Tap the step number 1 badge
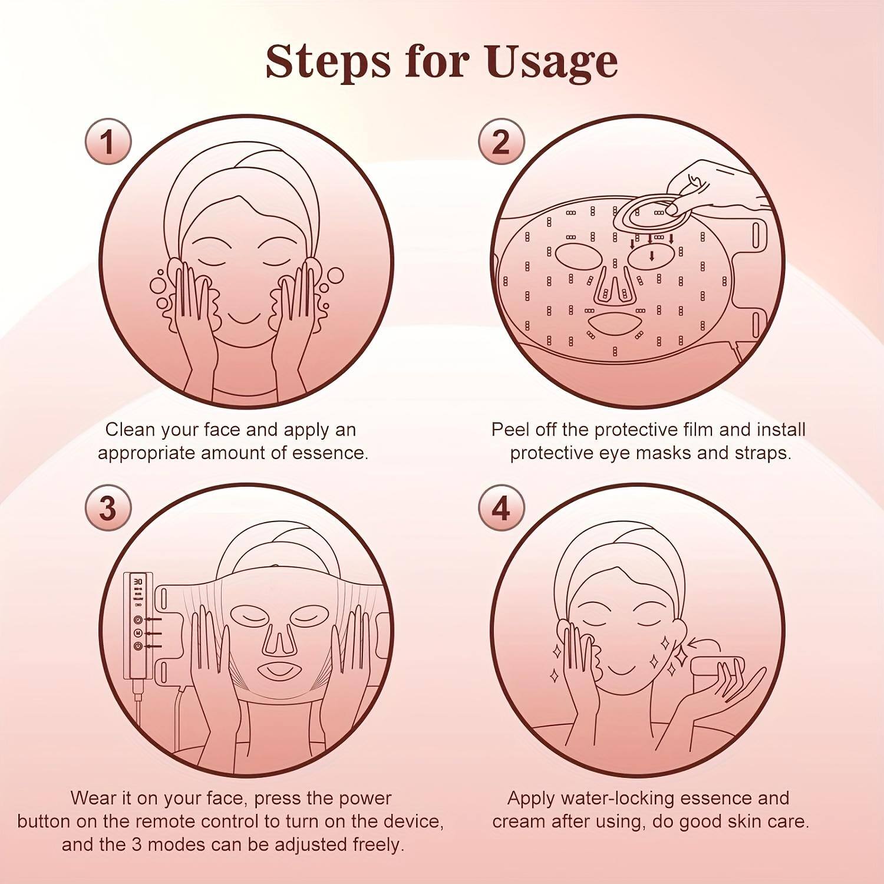(x=108, y=142)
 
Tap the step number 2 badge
(x=500, y=142)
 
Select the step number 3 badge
(x=108, y=507)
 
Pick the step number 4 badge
(x=500, y=507)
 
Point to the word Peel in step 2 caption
(x=510, y=430)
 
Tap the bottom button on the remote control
(x=137, y=646)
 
